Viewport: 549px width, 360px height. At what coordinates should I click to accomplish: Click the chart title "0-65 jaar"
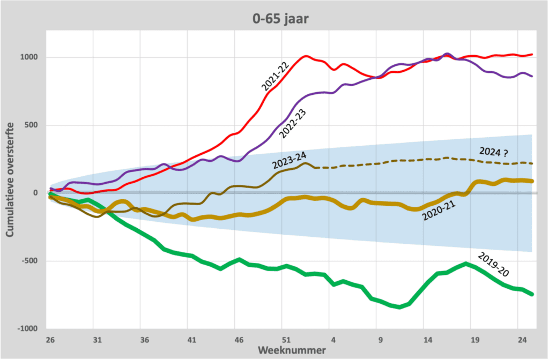click(280, 19)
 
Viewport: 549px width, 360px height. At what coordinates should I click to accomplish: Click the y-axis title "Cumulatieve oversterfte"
click(10, 179)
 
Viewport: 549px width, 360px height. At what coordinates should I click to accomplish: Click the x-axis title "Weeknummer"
click(292, 350)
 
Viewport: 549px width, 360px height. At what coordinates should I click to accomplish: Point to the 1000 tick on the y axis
click(29, 57)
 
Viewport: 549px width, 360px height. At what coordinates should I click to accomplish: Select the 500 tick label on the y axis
click(31, 125)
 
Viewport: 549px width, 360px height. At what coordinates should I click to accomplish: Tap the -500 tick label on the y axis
click(29, 261)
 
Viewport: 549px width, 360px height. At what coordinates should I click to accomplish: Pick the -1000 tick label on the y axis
click(27, 328)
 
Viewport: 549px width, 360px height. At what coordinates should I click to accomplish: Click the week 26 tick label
click(50, 340)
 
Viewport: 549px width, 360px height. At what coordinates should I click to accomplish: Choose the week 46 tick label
click(239, 340)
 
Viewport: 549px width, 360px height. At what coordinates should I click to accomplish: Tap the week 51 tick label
click(286, 340)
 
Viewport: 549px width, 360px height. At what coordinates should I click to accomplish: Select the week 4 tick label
click(333, 340)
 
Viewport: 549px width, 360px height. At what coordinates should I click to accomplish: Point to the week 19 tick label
click(475, 340)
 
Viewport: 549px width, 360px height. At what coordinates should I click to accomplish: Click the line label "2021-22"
click(275, 77)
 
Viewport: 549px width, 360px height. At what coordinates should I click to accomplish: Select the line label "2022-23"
click(293, 124)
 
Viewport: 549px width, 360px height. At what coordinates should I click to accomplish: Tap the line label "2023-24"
click(290, 161)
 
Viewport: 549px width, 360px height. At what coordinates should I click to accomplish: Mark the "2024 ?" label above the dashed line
click(494, 152)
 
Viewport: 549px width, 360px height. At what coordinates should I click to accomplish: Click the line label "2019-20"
click(493, 265)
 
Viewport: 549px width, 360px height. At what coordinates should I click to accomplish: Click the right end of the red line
click(532, 54)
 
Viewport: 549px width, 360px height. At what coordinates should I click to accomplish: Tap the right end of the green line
click(532, 295)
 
